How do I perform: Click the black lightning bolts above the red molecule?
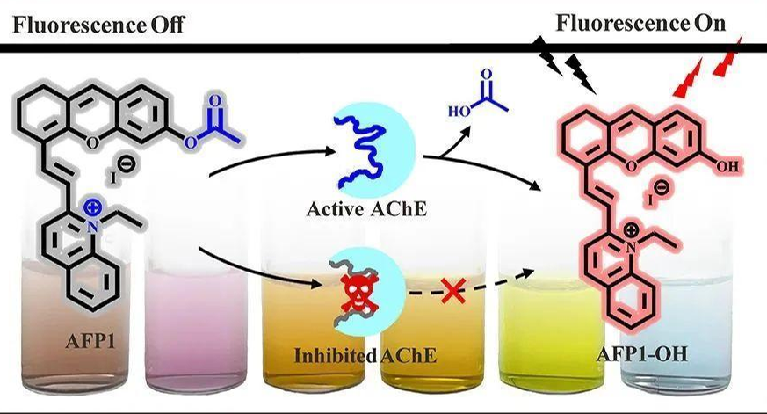[x=570, y=62]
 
